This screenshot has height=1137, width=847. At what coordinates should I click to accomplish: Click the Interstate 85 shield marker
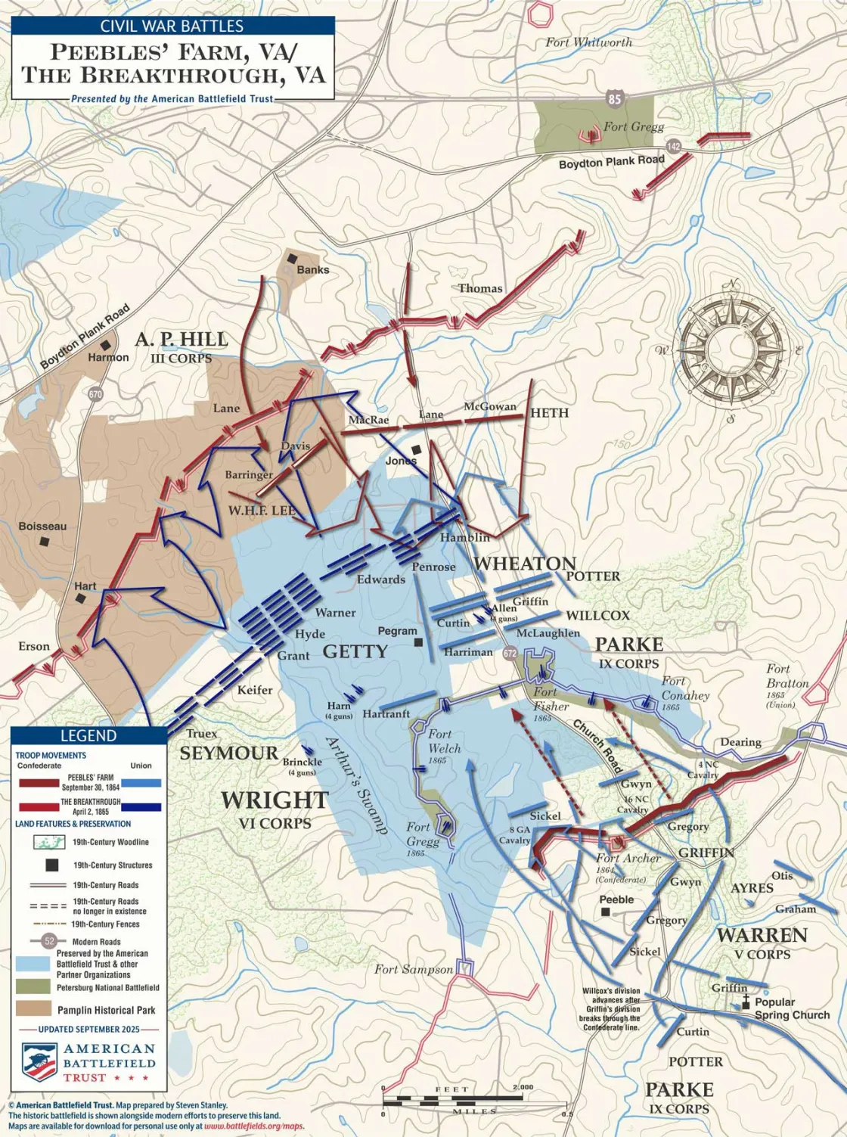click(x=615, y=98)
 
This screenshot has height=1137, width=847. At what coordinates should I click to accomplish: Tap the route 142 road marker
click(x=672, y=146)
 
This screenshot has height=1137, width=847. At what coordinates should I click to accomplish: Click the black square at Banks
click(x=290, y=259)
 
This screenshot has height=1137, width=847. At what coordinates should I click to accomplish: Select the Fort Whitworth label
click(x=588, y=42)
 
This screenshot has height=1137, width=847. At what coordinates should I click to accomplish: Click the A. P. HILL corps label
click(x=181, y=339)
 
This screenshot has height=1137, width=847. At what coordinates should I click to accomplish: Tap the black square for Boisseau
click(x=46, y=542)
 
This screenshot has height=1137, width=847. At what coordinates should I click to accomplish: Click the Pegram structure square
click(x=417, y=642)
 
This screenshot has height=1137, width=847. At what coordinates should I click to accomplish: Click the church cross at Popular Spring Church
click(x=746, y=1002)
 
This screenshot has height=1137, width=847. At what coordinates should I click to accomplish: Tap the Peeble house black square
click(x=605, y=912)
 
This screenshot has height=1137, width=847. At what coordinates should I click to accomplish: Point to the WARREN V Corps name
click(x=762, y=935)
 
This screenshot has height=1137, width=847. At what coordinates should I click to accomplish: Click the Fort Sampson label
click(x=413, y=969)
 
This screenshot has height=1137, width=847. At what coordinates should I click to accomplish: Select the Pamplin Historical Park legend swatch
click(x=33, y=1009)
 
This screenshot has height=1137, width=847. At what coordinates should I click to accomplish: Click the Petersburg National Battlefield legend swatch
click(x=33, y=986)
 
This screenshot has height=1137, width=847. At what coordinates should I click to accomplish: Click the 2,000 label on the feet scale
click(x=522, y=1088)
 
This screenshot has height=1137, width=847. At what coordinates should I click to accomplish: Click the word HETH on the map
click(x=549, y=413)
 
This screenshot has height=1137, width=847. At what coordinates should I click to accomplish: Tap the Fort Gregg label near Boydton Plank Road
click(x=634, y=126)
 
